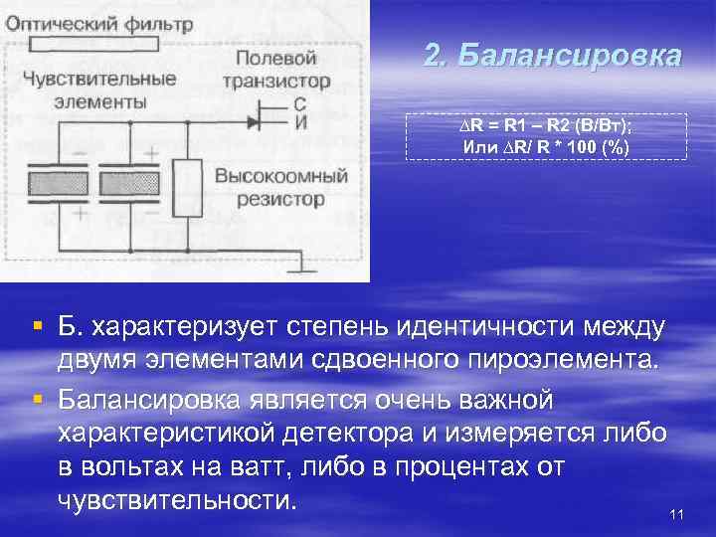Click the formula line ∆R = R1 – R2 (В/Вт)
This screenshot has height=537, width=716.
tap(546, 126)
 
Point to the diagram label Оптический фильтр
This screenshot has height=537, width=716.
tap(98, 22)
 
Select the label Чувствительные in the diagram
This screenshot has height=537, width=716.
tap(99, 79)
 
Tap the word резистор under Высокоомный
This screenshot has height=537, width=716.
tap(280, 199)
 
